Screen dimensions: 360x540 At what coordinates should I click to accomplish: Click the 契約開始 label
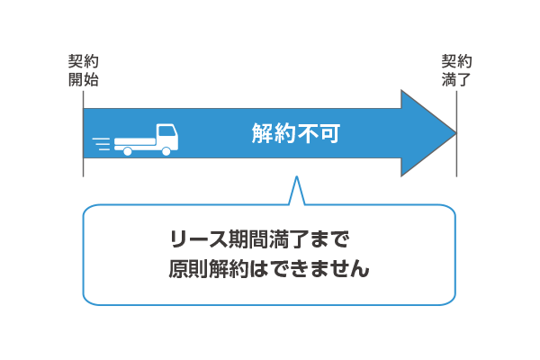[x=84, y=70]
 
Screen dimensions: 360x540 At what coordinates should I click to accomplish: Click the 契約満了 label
[x=456, y=70]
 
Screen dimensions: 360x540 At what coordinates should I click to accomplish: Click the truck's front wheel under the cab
[x=166, y=151]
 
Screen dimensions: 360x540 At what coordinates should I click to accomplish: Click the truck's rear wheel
[x=128, y=151]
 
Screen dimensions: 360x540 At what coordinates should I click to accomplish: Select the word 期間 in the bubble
[x=255, y=240]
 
